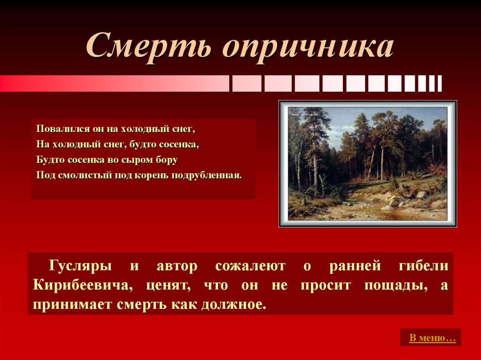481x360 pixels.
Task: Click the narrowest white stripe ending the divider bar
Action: [x=440, y=84]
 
